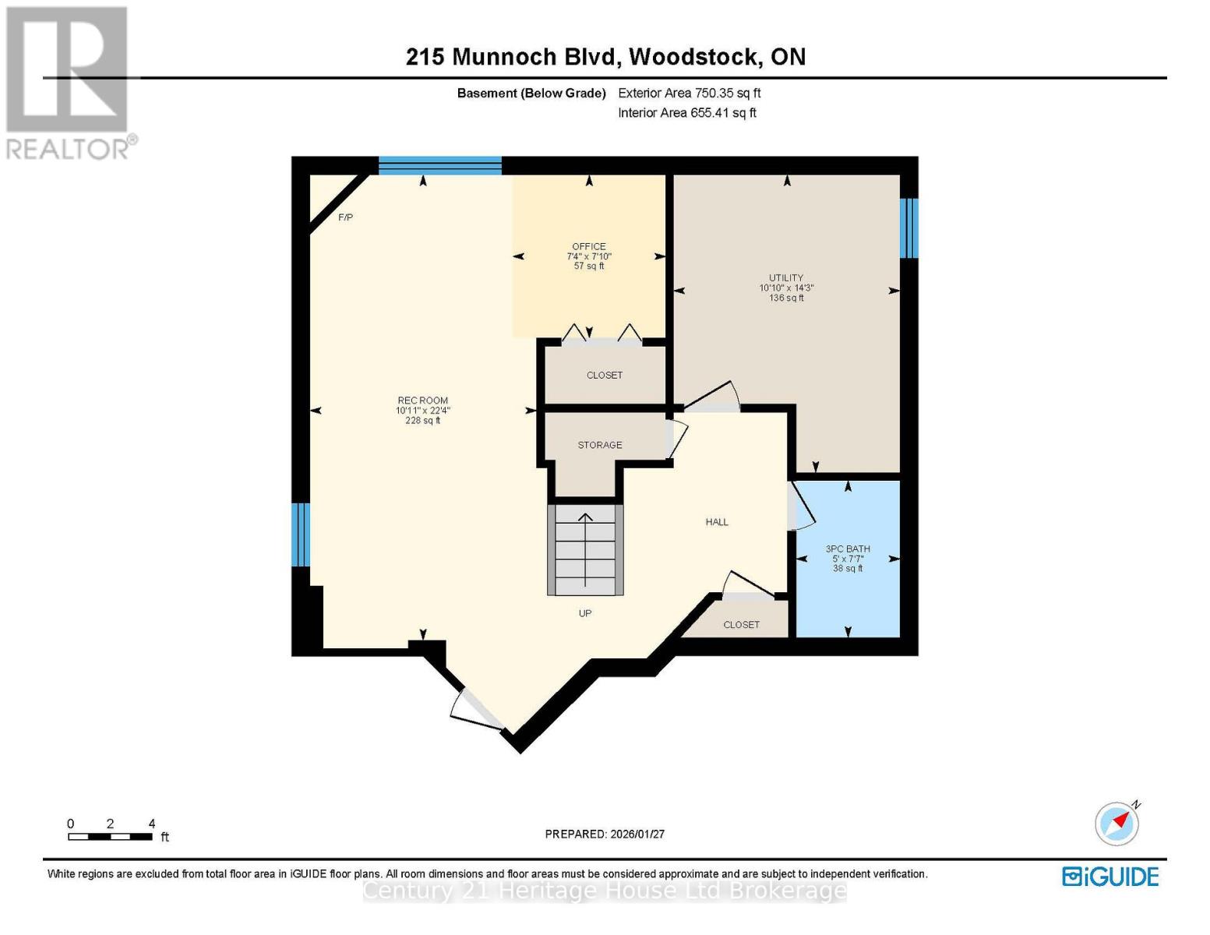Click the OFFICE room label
[x=588, y=247]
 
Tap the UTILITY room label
[x=786, y=278]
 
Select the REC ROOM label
[x=422, y=400]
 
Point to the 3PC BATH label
[x=848, y=549]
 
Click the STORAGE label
[x=599, y=445]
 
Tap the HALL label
[x=717, y=522]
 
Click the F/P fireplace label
[x=345, y=217]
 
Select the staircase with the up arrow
[x=585, y=550]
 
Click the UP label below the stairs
[x=585, y=613]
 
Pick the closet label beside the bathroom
[x=741, y=625]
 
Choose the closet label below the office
[x=605, y=376]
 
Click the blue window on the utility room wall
[x=908, y=228]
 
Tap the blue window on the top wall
[x=440, y=164]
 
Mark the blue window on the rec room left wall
[x=301, y=535]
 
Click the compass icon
[x=1117, y=824]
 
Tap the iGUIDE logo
[x=1110, y=877]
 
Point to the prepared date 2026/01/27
[x=605, y=834]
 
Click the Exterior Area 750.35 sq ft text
[x=689, y=93]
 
